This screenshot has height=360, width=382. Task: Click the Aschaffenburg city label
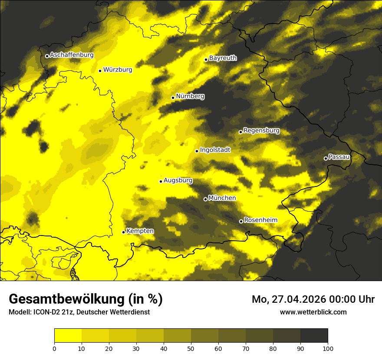pos(72,55)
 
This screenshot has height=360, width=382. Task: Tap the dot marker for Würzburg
pos(100,71)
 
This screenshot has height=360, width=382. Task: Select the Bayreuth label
pos(223,58)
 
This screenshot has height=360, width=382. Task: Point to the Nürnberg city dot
pos(173,98)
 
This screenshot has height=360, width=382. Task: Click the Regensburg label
pos(261,131)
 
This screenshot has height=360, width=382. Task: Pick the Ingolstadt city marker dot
pos(197,151)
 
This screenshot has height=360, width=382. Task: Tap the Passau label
pos(339,157)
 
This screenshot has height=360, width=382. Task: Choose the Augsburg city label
pos(178,180)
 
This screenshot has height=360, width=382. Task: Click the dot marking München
pos(205,199)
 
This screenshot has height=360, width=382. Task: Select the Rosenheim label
pos(260,220)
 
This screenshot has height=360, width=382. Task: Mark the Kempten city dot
pos(123,232)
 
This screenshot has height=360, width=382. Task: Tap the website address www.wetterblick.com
pos(313,312)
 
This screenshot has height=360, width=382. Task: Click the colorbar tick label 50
pos(191,348)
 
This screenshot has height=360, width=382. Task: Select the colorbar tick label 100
pos(328,348)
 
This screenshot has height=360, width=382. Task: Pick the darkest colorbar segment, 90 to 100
pos(314,336)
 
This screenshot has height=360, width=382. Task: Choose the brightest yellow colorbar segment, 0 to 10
pos(68,336)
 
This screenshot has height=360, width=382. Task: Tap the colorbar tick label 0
pos(54,348)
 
